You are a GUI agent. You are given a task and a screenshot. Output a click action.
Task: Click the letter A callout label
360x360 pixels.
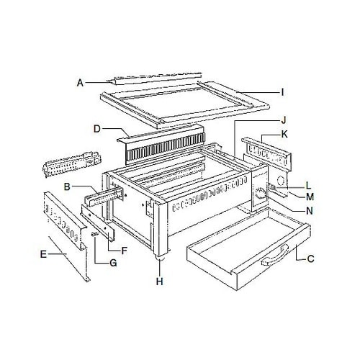(80, 83)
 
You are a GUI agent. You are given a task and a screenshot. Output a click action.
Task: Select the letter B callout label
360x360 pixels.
(66, 188)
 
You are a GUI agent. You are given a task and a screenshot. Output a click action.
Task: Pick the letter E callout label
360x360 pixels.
(44, 253)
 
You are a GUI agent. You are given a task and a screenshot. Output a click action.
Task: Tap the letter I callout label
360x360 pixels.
(282, 92)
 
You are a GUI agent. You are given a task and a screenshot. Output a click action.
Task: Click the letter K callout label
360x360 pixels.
(284, 135)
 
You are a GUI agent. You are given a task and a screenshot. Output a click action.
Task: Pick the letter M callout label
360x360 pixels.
(310, 197)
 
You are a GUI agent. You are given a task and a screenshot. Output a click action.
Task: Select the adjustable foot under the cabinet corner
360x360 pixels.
(159, 256)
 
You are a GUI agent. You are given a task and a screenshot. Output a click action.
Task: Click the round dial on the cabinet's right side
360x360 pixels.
(257, 194)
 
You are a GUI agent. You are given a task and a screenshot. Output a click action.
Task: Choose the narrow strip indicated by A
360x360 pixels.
(151, 76)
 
